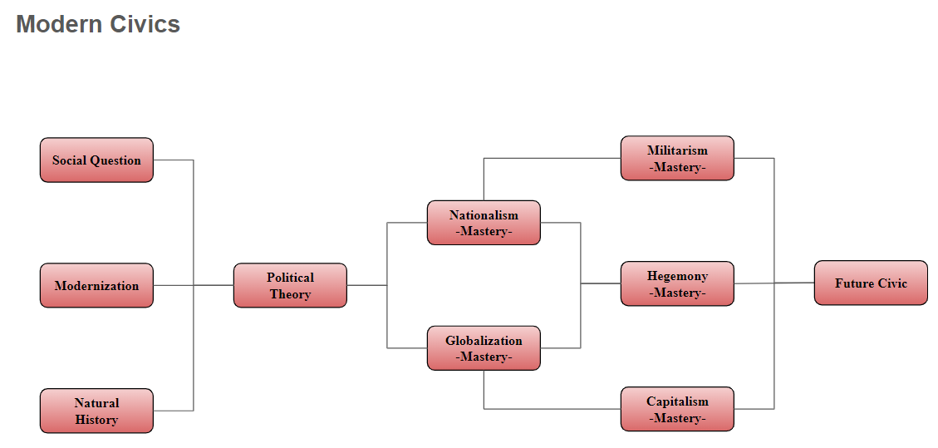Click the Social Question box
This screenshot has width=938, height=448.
(x=96, y=160)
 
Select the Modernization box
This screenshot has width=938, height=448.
(x=96, y=285)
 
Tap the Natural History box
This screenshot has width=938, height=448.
(x=96, y=411)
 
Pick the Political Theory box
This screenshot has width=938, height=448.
(x=290, y=285)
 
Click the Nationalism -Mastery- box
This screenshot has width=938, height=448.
(x=484, y=223)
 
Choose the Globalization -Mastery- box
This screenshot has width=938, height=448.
(x=484, y=348)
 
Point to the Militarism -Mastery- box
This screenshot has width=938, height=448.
(x=677, y=158)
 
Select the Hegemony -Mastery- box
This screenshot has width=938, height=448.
(x=677, y=283)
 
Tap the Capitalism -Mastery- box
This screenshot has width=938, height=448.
(x=677, y=409)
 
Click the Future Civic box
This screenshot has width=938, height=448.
(x=871, y=283)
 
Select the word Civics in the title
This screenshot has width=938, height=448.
(x=149, y=24)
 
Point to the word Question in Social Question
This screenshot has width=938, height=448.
(x=115, y=160)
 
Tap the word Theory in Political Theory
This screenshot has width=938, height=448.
(x=290, y=294)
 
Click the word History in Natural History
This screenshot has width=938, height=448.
(x=96, y=420)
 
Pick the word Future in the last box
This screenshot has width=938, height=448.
(x=853, y=283)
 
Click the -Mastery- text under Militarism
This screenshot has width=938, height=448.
(x=677, y=167)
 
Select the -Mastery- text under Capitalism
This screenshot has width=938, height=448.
(x=677, y=418)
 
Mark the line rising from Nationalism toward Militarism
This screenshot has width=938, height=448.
(x=484, y=179)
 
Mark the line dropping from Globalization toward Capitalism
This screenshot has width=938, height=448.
(x=484, y=391)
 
